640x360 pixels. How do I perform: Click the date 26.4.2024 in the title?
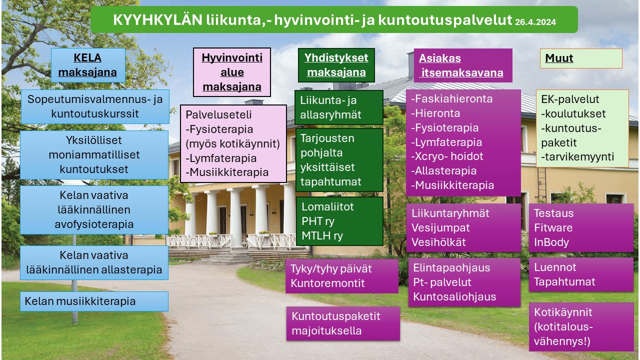point(535,22)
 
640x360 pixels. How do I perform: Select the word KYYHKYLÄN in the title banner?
point(157,19)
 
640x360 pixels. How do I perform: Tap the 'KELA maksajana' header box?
point(88,65)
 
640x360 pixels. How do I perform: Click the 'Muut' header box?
point(581,58)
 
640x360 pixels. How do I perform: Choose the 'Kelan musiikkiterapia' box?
point(94,301)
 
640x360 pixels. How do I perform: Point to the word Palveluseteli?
point(218,114)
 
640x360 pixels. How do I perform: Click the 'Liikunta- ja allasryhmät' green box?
point(339,107)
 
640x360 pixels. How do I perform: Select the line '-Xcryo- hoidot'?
point(447,156)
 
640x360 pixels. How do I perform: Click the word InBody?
point(551,242)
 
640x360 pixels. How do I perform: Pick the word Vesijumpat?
point(440,227)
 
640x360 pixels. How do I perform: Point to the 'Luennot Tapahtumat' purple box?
point(581,274)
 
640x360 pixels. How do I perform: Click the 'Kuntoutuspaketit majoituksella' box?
point(343,323)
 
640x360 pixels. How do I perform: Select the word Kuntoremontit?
point(327,283)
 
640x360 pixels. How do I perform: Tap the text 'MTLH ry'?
point(322,235)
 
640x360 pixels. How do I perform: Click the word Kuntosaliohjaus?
point(454,296)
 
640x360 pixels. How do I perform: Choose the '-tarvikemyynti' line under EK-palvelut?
point(577,156)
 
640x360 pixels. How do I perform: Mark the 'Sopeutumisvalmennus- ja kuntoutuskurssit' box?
point(95,106)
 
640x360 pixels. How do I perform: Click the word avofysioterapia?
point(94,224)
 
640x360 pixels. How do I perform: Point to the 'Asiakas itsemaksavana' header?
point(463,65)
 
